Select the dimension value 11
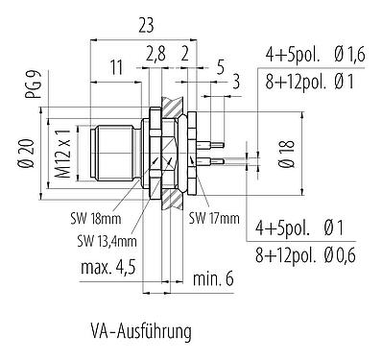click(115, 67)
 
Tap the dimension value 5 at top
click(221, 67)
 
